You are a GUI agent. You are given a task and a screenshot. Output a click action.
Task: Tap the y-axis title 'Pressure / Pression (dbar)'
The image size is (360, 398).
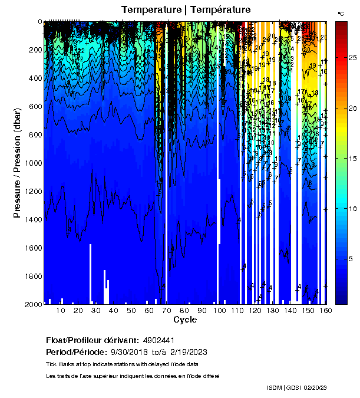click(x=17, y=163)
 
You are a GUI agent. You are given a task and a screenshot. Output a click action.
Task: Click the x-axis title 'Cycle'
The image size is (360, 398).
click(x=185, y=320)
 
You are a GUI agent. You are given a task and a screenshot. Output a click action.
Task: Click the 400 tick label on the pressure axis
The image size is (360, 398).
click(x=33, y=78)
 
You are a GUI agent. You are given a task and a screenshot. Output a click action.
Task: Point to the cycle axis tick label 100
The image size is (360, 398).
click(x=219, y=311)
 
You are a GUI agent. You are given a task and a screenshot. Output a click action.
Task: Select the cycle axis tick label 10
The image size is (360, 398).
click(x=61, y=311)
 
